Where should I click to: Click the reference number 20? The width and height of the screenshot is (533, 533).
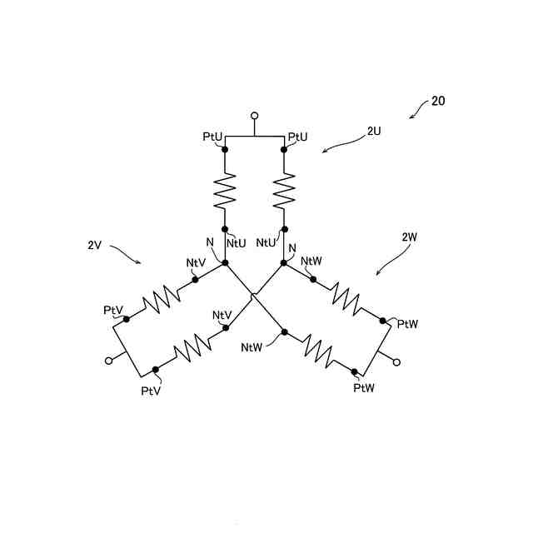tap(438, 102)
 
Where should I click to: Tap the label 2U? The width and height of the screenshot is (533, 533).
tap(374, 131)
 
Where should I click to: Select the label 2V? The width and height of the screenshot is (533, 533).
tap(94, 246)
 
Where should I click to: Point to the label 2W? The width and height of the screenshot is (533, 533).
tap(409, 237)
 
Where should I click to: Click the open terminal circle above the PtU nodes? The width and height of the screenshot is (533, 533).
tap(255, 116)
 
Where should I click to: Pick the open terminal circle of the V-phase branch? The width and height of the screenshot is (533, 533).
tap(107, 361)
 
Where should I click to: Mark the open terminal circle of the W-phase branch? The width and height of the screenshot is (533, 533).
tap(396, 362)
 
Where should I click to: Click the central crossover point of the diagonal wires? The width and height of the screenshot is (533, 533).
tap(254, 294)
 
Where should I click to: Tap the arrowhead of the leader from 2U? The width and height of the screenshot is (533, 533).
tap(324, 151)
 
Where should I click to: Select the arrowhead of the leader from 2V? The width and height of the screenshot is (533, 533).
tap(142, 263)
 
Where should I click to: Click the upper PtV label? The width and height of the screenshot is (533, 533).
tap(113, 310)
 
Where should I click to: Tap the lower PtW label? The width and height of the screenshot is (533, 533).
tap(365, 387)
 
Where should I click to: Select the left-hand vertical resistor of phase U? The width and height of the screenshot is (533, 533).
tap(225, 190)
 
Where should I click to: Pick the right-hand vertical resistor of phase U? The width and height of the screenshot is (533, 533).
tap(285, 190)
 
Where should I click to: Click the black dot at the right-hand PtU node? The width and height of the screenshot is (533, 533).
tap(285, 150)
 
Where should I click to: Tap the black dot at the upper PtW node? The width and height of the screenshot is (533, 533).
tap(382, 321)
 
